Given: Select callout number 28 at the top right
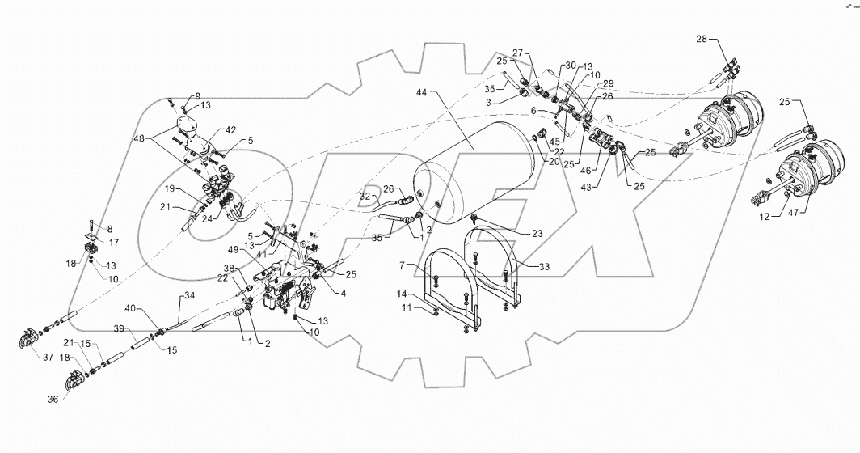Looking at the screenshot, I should pos(702,39).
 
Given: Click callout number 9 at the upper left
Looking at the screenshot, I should pos(175,96).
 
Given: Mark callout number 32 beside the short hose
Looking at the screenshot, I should pos(365,197).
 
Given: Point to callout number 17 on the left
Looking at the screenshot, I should pos(115,241).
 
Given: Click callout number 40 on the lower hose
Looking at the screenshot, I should pos(131,308).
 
